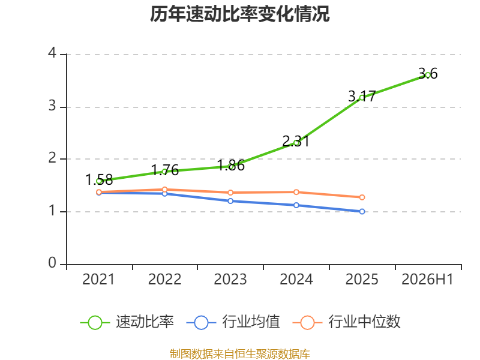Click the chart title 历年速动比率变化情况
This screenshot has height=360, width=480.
(x=239, y=14)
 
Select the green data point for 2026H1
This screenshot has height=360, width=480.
(x=428, y=75)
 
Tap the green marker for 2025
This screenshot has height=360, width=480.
(x=362, y=98)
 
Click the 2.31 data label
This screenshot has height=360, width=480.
(x=296, y=141)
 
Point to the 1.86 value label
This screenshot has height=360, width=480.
(x=232, y=166)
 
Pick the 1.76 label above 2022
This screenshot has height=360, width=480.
(x=165, y=170)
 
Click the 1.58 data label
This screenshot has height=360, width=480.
(x=99, y=179)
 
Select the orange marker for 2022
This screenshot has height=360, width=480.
(x=164, y=190)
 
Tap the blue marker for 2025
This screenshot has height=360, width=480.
(x=362, y=212)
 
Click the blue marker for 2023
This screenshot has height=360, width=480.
(x=230, y=201)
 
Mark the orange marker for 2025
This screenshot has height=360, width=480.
(x=362, y=197)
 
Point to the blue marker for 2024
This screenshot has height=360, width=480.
(x=296, y=205)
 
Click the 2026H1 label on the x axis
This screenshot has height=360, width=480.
(x=427, y=279)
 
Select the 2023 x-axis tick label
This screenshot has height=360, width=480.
(x=230, y=279)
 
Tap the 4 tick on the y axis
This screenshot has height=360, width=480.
(x=52, y=53)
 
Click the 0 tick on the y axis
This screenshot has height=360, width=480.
(x=52, y=263)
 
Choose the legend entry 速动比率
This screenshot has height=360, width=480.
(x=127, y=322)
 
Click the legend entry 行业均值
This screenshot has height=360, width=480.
(x=233, y=322)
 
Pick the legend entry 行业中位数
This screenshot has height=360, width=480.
(x=346, y=322)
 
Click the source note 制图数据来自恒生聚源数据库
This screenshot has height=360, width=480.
(x=240, y=354)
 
